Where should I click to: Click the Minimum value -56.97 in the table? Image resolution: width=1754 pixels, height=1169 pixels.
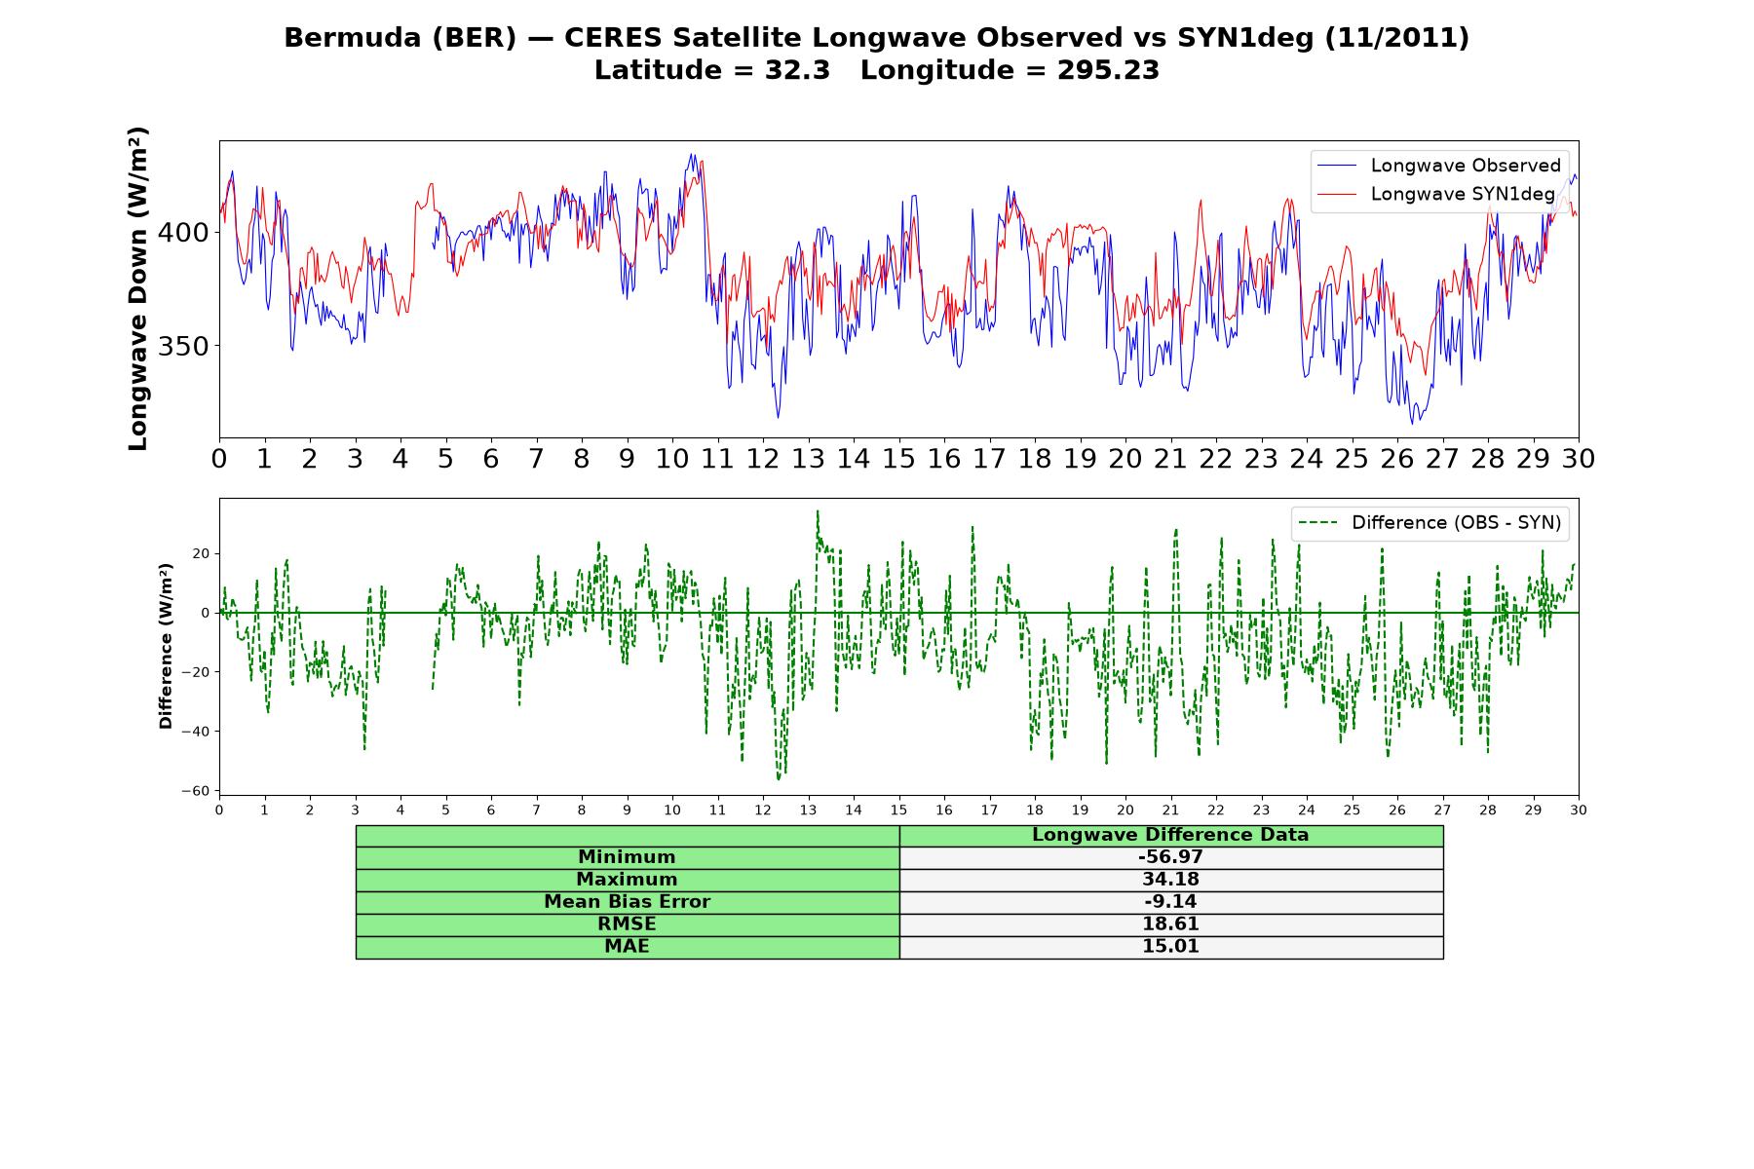tap(1170, 857)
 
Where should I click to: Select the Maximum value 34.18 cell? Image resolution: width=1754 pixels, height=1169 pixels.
tap(1170, 880)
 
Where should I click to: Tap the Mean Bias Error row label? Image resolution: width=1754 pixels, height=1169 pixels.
tap(627, 902)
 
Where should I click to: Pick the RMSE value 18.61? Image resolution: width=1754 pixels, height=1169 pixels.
tap(1170, 924)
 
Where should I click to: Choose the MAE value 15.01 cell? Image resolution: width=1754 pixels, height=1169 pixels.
tap(1170, 947)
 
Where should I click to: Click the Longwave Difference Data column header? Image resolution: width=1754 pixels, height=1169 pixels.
tap(1170, 835)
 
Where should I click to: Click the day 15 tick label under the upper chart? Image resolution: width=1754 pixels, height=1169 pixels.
tap(898, 459)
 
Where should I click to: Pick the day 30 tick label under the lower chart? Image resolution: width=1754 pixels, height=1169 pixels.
tap(1579, 811)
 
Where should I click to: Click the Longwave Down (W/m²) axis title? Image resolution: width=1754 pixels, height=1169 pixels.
tap(137, 288)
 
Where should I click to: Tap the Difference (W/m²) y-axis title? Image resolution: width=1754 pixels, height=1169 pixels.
tap(166, 647)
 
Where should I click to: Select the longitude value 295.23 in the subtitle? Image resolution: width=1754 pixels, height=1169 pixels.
tap(1108, 70)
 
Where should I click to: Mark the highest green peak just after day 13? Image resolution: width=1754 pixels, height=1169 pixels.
tap(818, 510)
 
